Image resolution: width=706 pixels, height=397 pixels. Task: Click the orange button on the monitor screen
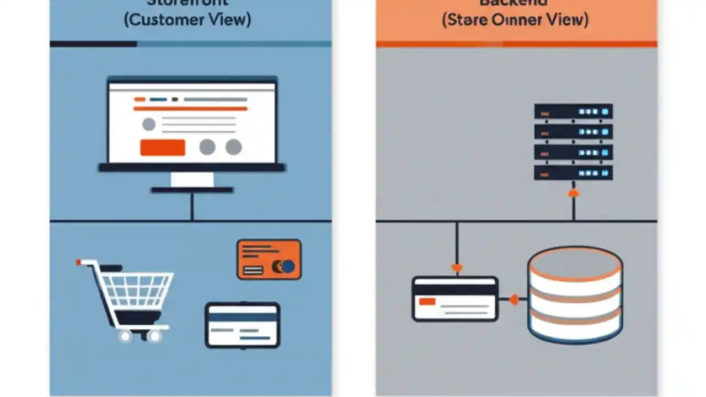(163, 147)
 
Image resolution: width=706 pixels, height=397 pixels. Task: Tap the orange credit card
(269, 259)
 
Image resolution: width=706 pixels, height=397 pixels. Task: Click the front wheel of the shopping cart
(125, 335)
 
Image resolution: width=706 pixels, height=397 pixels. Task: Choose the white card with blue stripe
(243, 325)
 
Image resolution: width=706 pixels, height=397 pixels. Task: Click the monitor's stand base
(192, 190)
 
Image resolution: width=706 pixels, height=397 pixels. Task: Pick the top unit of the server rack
(573, 112)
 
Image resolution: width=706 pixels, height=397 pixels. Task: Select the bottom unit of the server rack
(573, 173)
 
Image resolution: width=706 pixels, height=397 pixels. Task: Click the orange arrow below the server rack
(574, 193)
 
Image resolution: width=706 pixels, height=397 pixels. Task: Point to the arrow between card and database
(514, 300)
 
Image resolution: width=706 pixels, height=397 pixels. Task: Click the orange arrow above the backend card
(457, 269)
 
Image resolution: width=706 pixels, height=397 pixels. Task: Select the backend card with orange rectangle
(455, 299)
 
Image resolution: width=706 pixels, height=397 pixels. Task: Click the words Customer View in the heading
(188, 20)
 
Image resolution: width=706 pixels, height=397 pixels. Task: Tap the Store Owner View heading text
(515, 20)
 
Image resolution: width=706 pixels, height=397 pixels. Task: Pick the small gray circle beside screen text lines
(149, 124)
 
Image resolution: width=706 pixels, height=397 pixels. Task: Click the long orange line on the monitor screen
(190, 109)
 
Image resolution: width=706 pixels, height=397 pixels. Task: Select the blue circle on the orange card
(288, 267)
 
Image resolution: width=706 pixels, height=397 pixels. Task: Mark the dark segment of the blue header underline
(93, 44)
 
